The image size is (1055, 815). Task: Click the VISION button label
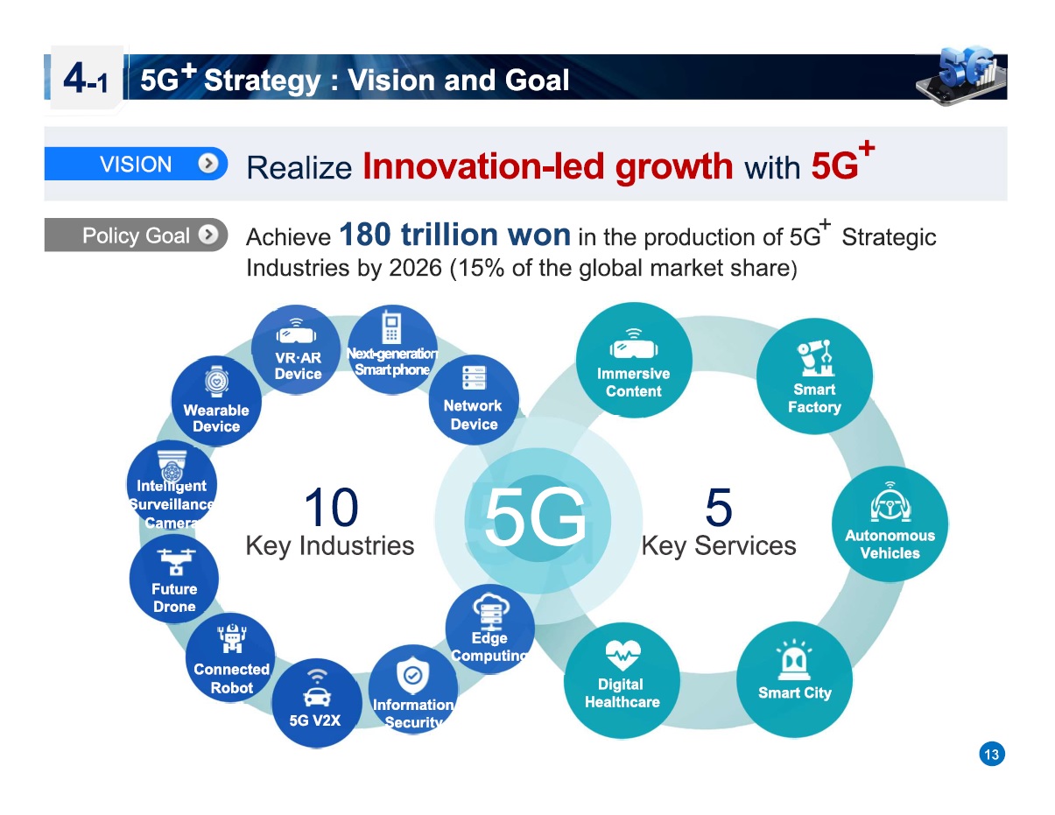[136, 165]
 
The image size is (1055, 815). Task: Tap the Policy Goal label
[136, 235]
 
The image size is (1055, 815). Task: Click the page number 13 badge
[991, 755]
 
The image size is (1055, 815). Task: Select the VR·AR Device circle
[298, 352]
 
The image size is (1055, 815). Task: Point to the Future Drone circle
[174, 578]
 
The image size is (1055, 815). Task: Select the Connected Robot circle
[231, 658]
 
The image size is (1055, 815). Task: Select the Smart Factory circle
[813, 376]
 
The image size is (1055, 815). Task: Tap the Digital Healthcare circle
[622, 678]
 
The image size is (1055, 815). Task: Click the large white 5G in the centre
[535, 516]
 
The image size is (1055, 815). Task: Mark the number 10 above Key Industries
[330, 508]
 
